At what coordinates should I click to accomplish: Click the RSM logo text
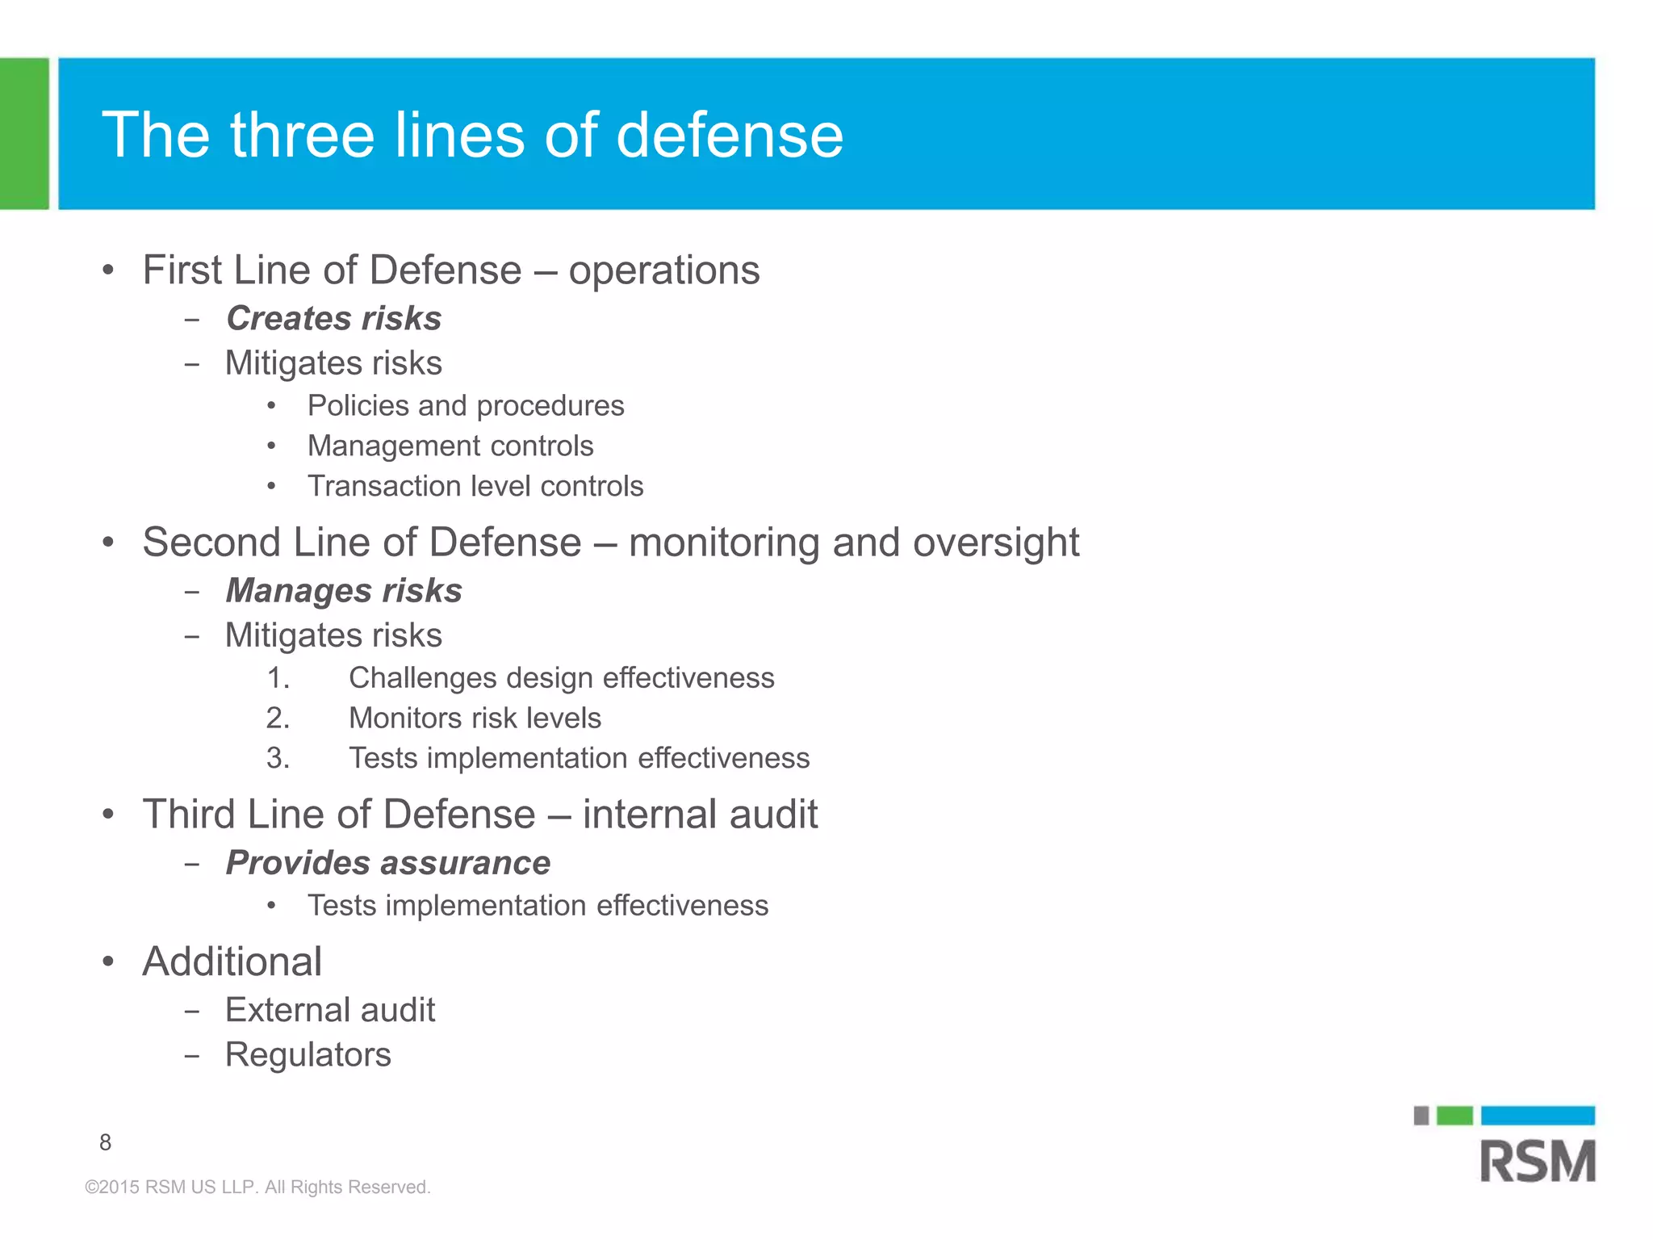coord(1538,1161)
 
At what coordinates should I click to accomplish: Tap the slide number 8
coord(105,1142)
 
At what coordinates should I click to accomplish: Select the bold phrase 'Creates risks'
coord(333,318)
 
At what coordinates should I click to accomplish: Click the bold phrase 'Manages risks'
coord(344,590)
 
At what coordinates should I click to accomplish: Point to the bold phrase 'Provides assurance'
coord(387,862)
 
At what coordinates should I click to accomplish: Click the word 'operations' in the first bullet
coord(663,270)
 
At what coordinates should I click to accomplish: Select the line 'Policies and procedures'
coord(466,405)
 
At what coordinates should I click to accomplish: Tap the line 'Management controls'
coord(450,446)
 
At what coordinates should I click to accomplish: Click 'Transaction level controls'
coord(475,486)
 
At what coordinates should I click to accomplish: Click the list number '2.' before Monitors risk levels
coord(278,718)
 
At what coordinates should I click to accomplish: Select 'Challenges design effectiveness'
coord(561,677)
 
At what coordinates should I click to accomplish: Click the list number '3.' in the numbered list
coord(278,758)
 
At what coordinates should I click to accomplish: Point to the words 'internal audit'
coord(700,814)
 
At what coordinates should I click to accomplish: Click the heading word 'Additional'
coord(232,961)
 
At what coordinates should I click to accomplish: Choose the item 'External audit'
coord(330,1010)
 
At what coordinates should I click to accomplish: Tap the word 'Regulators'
coord(308,1054)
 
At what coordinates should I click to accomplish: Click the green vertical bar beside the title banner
coord(24,133)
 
